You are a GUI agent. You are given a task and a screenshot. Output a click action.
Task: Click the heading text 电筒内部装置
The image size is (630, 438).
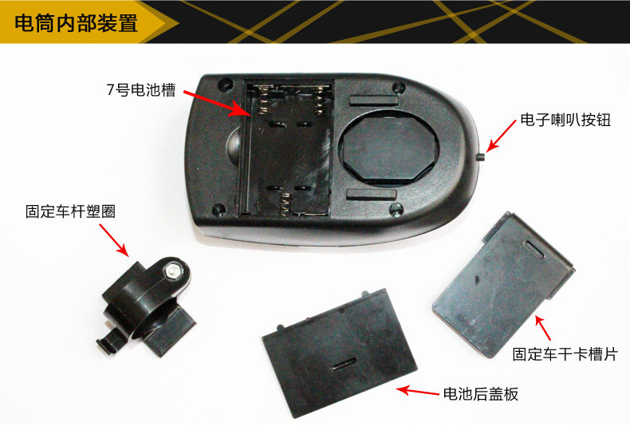click(76, 22)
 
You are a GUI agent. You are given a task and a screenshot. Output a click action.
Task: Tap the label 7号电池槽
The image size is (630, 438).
click(141, 89)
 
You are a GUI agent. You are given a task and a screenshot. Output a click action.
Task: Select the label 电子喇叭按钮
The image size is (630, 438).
click(565, 120)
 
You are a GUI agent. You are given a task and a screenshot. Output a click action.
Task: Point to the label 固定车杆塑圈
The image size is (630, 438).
click(70, 211)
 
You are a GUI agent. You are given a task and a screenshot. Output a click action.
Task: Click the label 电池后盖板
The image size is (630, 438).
click(481, 393)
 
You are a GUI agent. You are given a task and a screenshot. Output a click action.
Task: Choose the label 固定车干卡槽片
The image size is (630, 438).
click(565, 353)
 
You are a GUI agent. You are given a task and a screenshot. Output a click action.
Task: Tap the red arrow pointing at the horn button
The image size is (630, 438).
click(501, 136)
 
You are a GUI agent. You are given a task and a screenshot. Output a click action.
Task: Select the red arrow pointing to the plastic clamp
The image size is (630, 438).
click(114, 240)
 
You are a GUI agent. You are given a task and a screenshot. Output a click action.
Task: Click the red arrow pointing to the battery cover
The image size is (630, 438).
click(417, 391)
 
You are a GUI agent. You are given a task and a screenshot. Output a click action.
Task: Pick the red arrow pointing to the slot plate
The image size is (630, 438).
click(542, 328)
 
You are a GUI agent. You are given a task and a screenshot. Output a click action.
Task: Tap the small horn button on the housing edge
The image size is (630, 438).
click(481, 156)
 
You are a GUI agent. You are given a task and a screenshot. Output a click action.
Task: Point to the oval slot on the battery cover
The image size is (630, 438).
click(343, 363)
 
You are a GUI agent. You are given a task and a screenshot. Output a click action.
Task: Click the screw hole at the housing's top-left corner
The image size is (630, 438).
click(225, 85)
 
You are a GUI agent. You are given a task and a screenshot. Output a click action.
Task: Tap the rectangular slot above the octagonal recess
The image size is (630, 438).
click(374, 101)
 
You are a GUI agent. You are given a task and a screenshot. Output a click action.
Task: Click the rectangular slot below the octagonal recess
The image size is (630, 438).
click(372, 195)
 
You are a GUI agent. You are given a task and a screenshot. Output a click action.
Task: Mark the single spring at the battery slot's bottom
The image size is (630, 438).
click(286, 203)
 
